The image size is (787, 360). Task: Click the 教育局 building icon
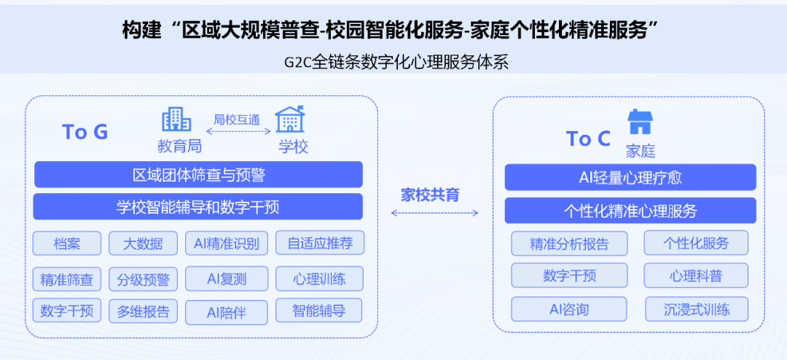[x=176, y=119]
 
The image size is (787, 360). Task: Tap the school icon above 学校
[x=290, y=119]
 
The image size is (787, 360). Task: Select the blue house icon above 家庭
[x=640, y=122]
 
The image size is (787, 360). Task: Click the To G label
[x=85, y=132]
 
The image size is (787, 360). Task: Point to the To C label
[x=589, y=138]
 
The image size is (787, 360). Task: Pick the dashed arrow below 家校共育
[x=434, y=213]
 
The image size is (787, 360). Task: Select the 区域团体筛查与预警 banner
[x=198, y=175]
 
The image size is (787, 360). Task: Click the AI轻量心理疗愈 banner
[x=630, y=177]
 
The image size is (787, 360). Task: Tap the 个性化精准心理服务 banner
[x=630, y=211]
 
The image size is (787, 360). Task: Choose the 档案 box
[x=67, y=243]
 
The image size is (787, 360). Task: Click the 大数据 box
[x=143, y=243]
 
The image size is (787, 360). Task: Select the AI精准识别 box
[x=227, y=243]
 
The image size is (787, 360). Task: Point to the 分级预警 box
[x=143, y=278]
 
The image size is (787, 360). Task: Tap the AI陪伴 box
[x=227, y=313]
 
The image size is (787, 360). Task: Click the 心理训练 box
[x=319, y=278]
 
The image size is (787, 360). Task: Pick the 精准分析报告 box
[x=569, y=243]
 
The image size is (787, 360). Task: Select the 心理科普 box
[x=696, y=275]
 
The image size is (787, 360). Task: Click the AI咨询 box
[x=569, y=309]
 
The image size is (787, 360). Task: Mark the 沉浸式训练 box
[x=696, y=309]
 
